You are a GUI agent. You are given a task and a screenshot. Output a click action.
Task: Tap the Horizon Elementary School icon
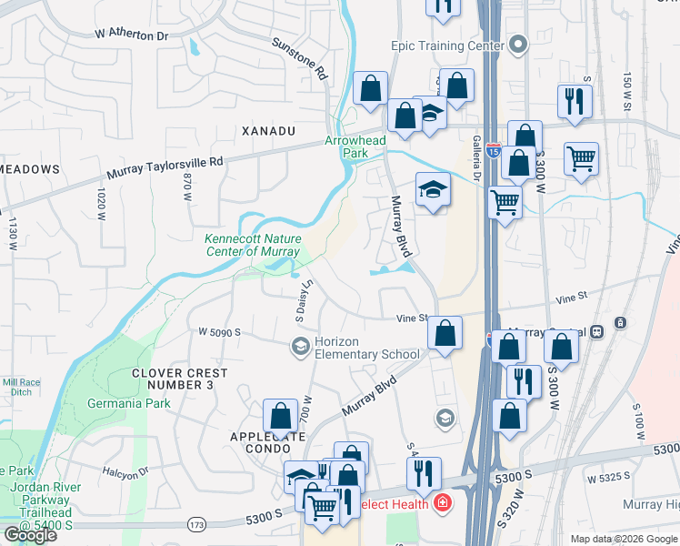point(300,347)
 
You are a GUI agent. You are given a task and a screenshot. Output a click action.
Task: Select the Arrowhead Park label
point(355,147)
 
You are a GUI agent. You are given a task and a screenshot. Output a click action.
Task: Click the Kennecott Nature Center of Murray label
point(245,245)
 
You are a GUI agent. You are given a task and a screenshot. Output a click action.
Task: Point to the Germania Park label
point(128,403)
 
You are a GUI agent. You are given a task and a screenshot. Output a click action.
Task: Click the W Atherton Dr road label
point(132,34)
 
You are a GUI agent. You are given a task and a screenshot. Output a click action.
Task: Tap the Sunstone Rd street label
point(299,58)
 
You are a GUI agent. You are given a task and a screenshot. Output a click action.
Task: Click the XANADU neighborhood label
point(269,131)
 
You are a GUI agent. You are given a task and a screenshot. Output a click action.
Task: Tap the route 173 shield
point(195,525)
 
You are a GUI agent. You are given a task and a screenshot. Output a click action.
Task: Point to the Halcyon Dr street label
point(125,473)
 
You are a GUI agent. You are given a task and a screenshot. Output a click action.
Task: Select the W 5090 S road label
point(218,333)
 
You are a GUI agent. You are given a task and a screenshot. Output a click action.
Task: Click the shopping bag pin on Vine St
point(445,334)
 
